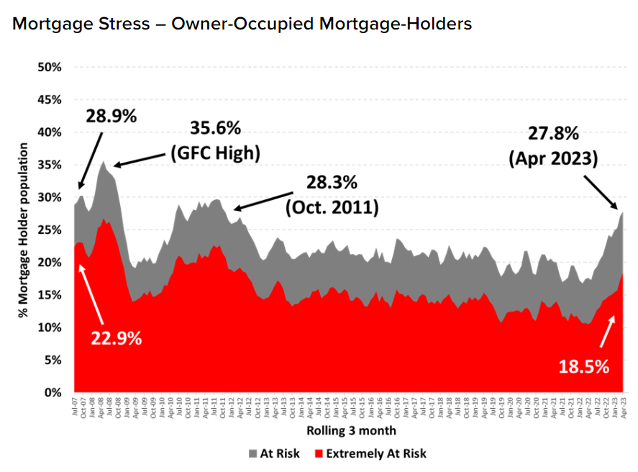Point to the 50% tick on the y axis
coord(49,67)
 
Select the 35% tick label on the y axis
coord(49,165)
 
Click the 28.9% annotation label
coord(111,116)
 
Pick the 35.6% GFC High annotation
coord(216,141)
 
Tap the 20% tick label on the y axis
coord(49,263)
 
